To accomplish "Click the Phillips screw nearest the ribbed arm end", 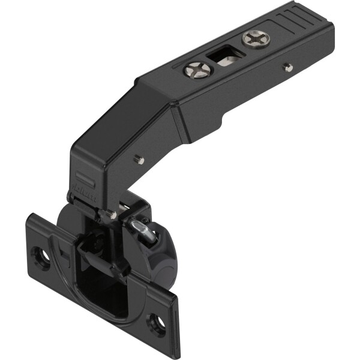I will tap(256, 40).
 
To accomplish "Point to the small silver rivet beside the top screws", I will tap(289, 68).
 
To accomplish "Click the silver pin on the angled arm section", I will tap(139, 159).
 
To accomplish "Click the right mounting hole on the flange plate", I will tap(158, 323).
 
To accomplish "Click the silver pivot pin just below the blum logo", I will tap(112, 214).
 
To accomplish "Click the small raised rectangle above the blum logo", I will tap(84, 179).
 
